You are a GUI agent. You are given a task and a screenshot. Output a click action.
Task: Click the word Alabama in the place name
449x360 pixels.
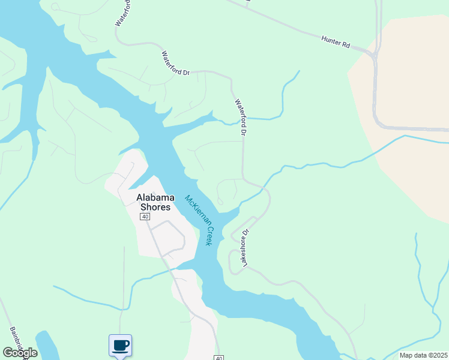coord(155,197)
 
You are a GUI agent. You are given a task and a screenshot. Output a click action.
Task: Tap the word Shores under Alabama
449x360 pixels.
coord(155,207)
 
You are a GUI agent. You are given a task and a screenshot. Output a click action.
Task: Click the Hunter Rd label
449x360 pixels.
coord(335,41)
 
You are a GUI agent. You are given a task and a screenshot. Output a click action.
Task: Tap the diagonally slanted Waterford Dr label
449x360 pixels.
coord(175,63)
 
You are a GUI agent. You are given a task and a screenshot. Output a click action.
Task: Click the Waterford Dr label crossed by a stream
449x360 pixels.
coord(241,116)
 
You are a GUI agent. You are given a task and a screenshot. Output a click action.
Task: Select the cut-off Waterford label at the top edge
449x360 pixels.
coord(122,12)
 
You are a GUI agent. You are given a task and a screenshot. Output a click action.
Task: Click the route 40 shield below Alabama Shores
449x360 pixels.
coord(145,217)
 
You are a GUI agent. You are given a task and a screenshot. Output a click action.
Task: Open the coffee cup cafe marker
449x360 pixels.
coord(120,345)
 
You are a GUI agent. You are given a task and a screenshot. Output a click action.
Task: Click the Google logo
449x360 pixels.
coord(20,353)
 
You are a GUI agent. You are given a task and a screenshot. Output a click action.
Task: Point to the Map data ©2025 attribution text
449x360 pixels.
coord(423,355)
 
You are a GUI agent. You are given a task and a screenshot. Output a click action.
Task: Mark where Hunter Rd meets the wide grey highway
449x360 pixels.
coord(373,54)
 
